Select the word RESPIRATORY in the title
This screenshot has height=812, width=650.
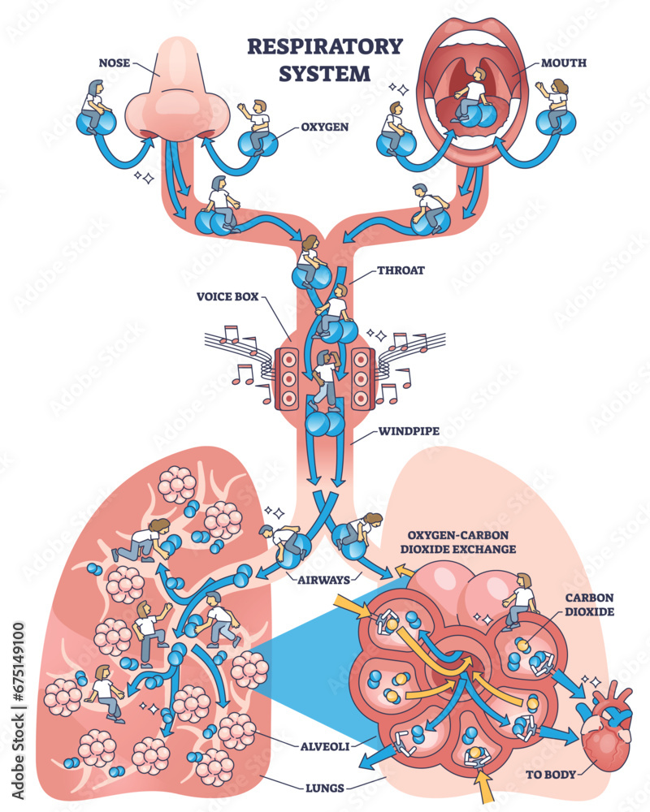(324, 46)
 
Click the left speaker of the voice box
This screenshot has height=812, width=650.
(289, 378)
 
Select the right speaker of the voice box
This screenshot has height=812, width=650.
(362, 378)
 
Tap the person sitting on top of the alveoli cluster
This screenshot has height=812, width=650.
(520, 601)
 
